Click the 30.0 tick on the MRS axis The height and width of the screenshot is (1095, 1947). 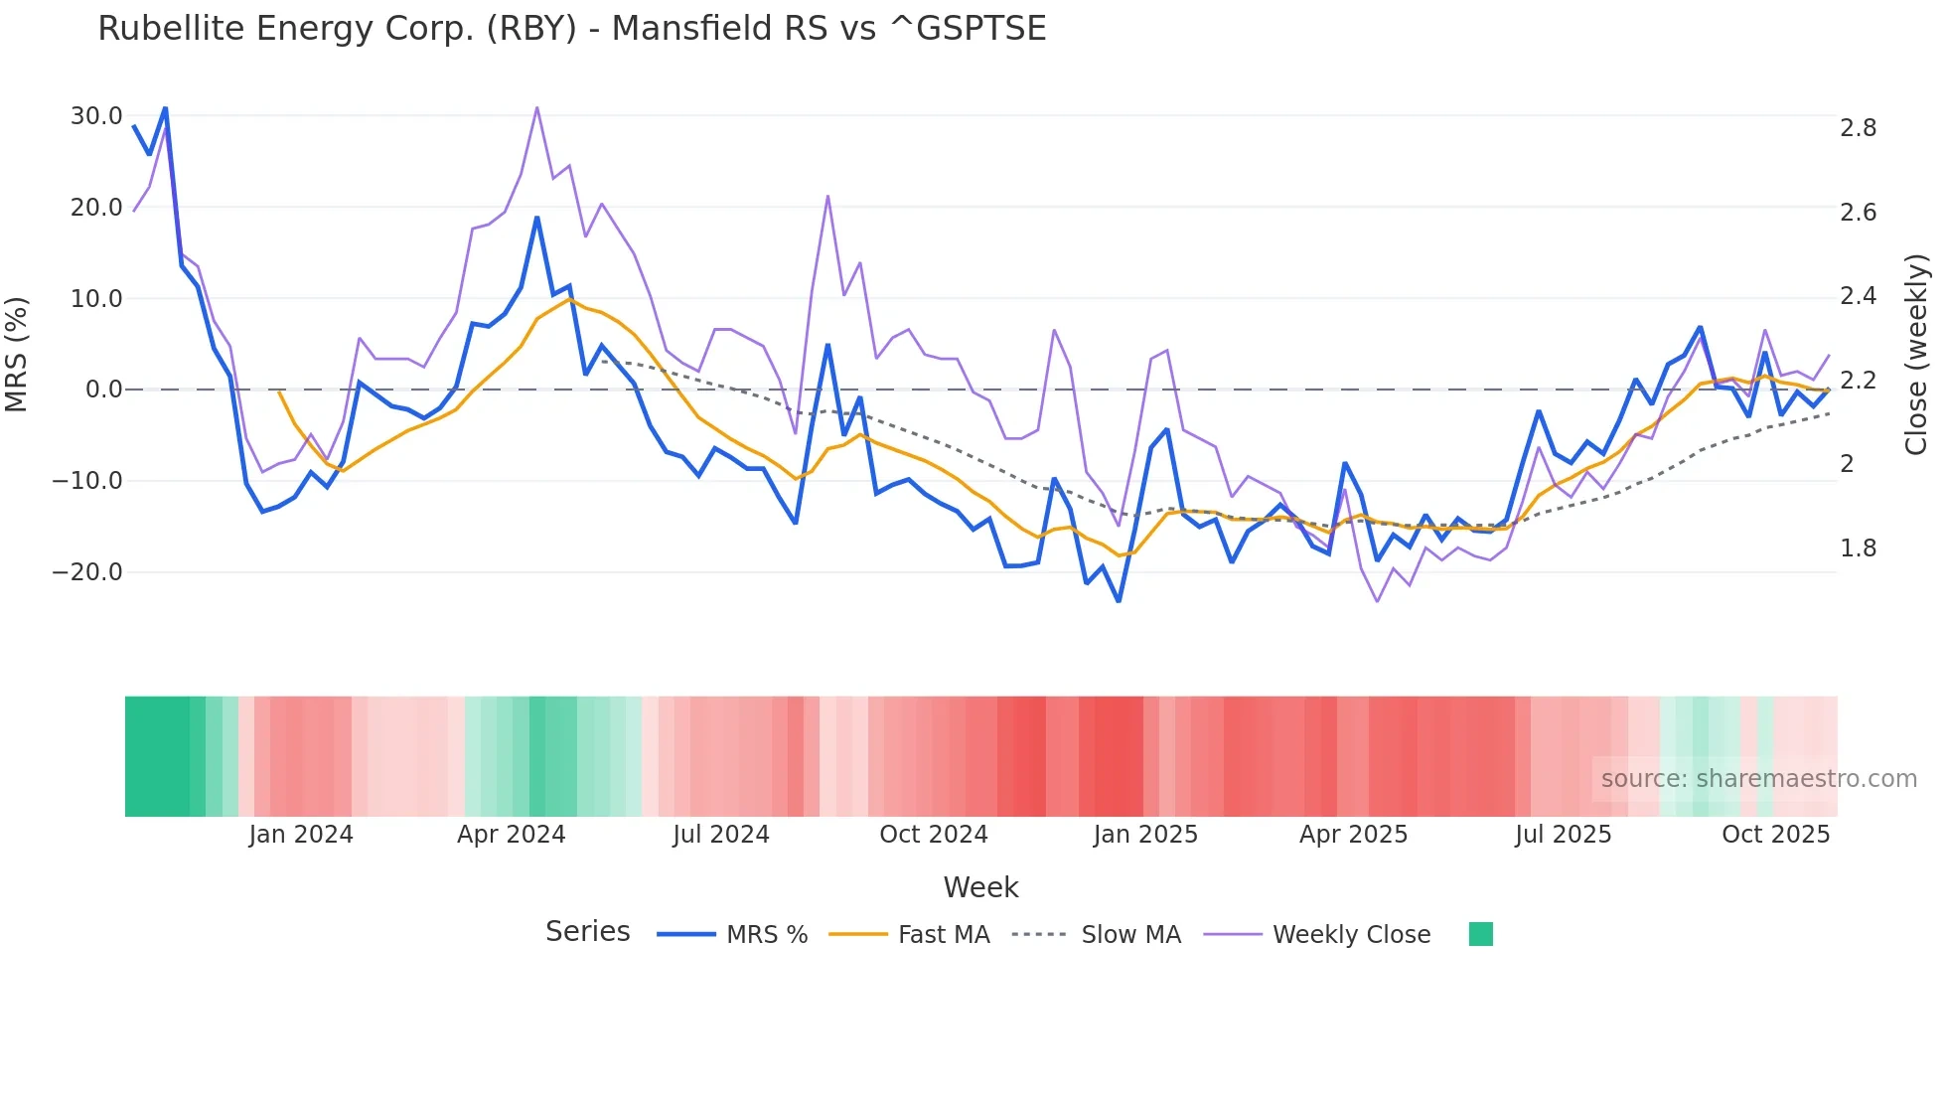[96, 116]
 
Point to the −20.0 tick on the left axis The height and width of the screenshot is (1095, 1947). [87, 572]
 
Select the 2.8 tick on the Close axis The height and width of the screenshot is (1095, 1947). [1858, 128]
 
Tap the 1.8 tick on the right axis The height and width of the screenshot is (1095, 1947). [1858, 548]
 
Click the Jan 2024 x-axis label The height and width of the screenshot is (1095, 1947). [301, 835]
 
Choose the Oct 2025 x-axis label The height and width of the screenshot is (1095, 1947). [1775, 835]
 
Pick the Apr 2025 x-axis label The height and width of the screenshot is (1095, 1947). [1353, 835]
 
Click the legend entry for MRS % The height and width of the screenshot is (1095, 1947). [766, 935]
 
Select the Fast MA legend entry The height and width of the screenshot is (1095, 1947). [943, 935]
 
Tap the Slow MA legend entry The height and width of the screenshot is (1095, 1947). [1130, 935]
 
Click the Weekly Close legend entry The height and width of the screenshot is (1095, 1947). [1351, 935]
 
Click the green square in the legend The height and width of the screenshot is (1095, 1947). [1480, 934]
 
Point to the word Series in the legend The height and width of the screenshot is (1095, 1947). [587, 932]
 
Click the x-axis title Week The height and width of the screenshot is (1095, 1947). [980, 887]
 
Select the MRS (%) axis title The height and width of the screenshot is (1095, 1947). [17, 354]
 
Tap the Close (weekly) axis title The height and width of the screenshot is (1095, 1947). [1916, 354]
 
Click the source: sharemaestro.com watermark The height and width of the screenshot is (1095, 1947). [1758, 779]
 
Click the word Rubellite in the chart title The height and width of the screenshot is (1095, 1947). [169, 29]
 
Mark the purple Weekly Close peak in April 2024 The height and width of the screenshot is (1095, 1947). [537, 107]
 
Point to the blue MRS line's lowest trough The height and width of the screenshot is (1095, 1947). [1119, 601]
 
